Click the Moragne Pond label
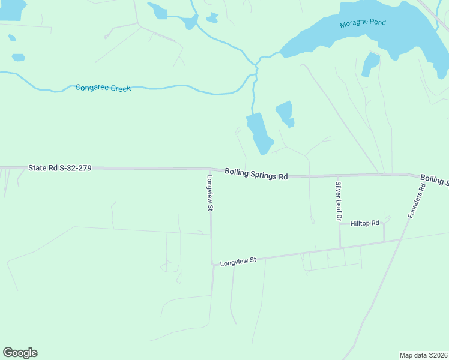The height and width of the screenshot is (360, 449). coord(362,23)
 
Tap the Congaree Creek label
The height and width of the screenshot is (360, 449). coord(103,88)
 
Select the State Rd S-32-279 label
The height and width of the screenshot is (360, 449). coord(59,168)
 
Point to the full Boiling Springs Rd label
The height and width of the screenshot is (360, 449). coord(256,174)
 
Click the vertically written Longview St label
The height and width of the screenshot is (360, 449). coord(210,192)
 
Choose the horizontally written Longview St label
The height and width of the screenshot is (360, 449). coord(238,262)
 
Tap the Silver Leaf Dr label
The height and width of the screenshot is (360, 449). coord(339,202)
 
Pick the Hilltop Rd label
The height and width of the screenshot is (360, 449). coord(365,223)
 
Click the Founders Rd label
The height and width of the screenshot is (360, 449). coord(416,200)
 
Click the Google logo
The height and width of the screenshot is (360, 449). coord(20,353)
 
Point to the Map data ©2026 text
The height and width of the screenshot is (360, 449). coord(423,355)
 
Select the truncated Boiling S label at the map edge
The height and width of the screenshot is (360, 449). coord(434,179)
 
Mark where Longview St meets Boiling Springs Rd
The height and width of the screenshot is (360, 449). coord(210,170)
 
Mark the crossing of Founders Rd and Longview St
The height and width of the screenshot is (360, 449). coord(400,240)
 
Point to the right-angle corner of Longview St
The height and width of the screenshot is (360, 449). coord(212,263)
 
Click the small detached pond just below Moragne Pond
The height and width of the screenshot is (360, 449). coord(370,64)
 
